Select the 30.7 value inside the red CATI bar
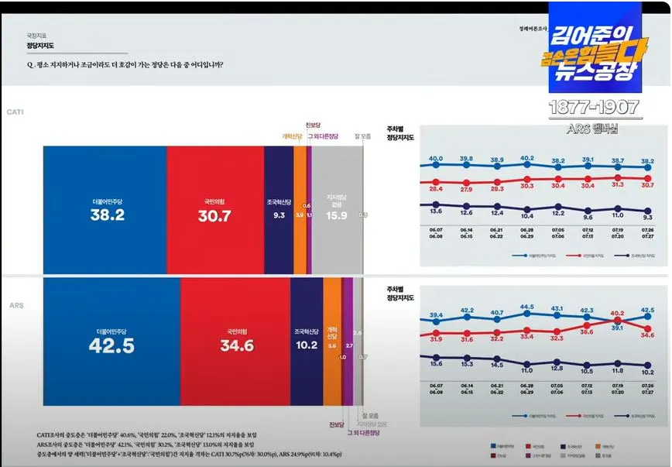(214, 217)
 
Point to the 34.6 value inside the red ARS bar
(237, 346)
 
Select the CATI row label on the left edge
(15, 112)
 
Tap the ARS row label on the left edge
(15, 306)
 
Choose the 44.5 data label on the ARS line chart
(527, 307)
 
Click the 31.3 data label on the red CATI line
(618, 184)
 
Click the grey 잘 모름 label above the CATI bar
(362, 136)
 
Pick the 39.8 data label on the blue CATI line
(466, 159)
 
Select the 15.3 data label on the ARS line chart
(466, 363)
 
